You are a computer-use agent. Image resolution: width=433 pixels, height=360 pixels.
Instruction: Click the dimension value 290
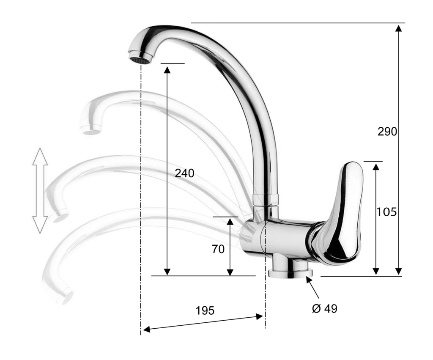(387, 132)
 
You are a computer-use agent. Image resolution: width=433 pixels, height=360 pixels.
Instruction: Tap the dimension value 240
(184, 173)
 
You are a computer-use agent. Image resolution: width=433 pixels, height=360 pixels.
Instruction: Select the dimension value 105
(386, 212)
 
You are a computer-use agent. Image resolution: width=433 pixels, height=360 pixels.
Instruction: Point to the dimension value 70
(218, 249)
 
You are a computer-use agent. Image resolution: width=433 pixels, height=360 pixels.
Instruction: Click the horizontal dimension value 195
(205, 311)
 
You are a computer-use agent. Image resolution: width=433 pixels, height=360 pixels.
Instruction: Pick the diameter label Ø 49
(325, 309)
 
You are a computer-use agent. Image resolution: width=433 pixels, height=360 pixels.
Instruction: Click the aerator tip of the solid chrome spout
(140, 58)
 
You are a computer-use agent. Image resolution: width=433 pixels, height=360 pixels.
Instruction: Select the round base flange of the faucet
(290, 274)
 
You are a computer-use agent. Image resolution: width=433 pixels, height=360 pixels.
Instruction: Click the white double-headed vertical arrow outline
(40, 191)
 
